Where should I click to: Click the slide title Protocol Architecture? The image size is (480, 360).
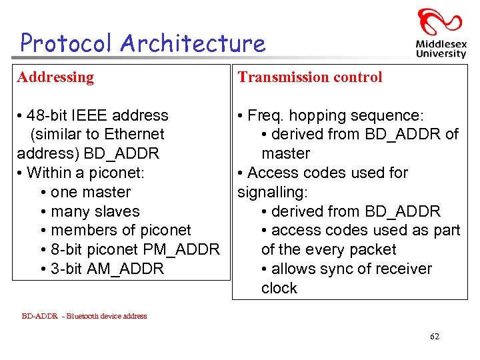pyautogui.click(x=143, y=43)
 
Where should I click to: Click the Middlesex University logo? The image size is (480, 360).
pyautogui.click(x=440, y=33)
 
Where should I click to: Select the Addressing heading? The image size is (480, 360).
pyautogui.click(x=56, y=77)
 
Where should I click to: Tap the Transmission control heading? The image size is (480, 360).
pyautogui.click(x=310, y=77)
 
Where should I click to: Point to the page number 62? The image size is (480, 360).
pyautogui.click(x=434, y=337)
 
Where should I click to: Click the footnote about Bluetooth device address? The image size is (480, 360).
pyautogui.click(x=84, y=316)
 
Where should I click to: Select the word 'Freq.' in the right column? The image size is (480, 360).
pyautogui.click(x=265, y=115)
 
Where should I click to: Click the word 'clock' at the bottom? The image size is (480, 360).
pyautogui.click(x=279, y=288)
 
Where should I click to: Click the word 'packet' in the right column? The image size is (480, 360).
pyautogui.click(x=374, y=249)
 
